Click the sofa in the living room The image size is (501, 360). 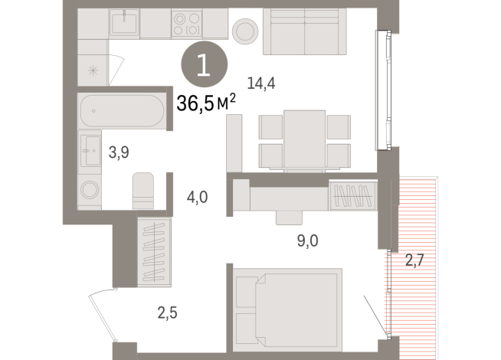(x=304, y=32)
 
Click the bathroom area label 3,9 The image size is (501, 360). (x=118, y=152)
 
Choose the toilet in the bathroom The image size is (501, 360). (x=143, y=190)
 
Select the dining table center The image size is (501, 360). (x=304, y=138)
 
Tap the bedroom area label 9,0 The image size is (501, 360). (x=308, y=241)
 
